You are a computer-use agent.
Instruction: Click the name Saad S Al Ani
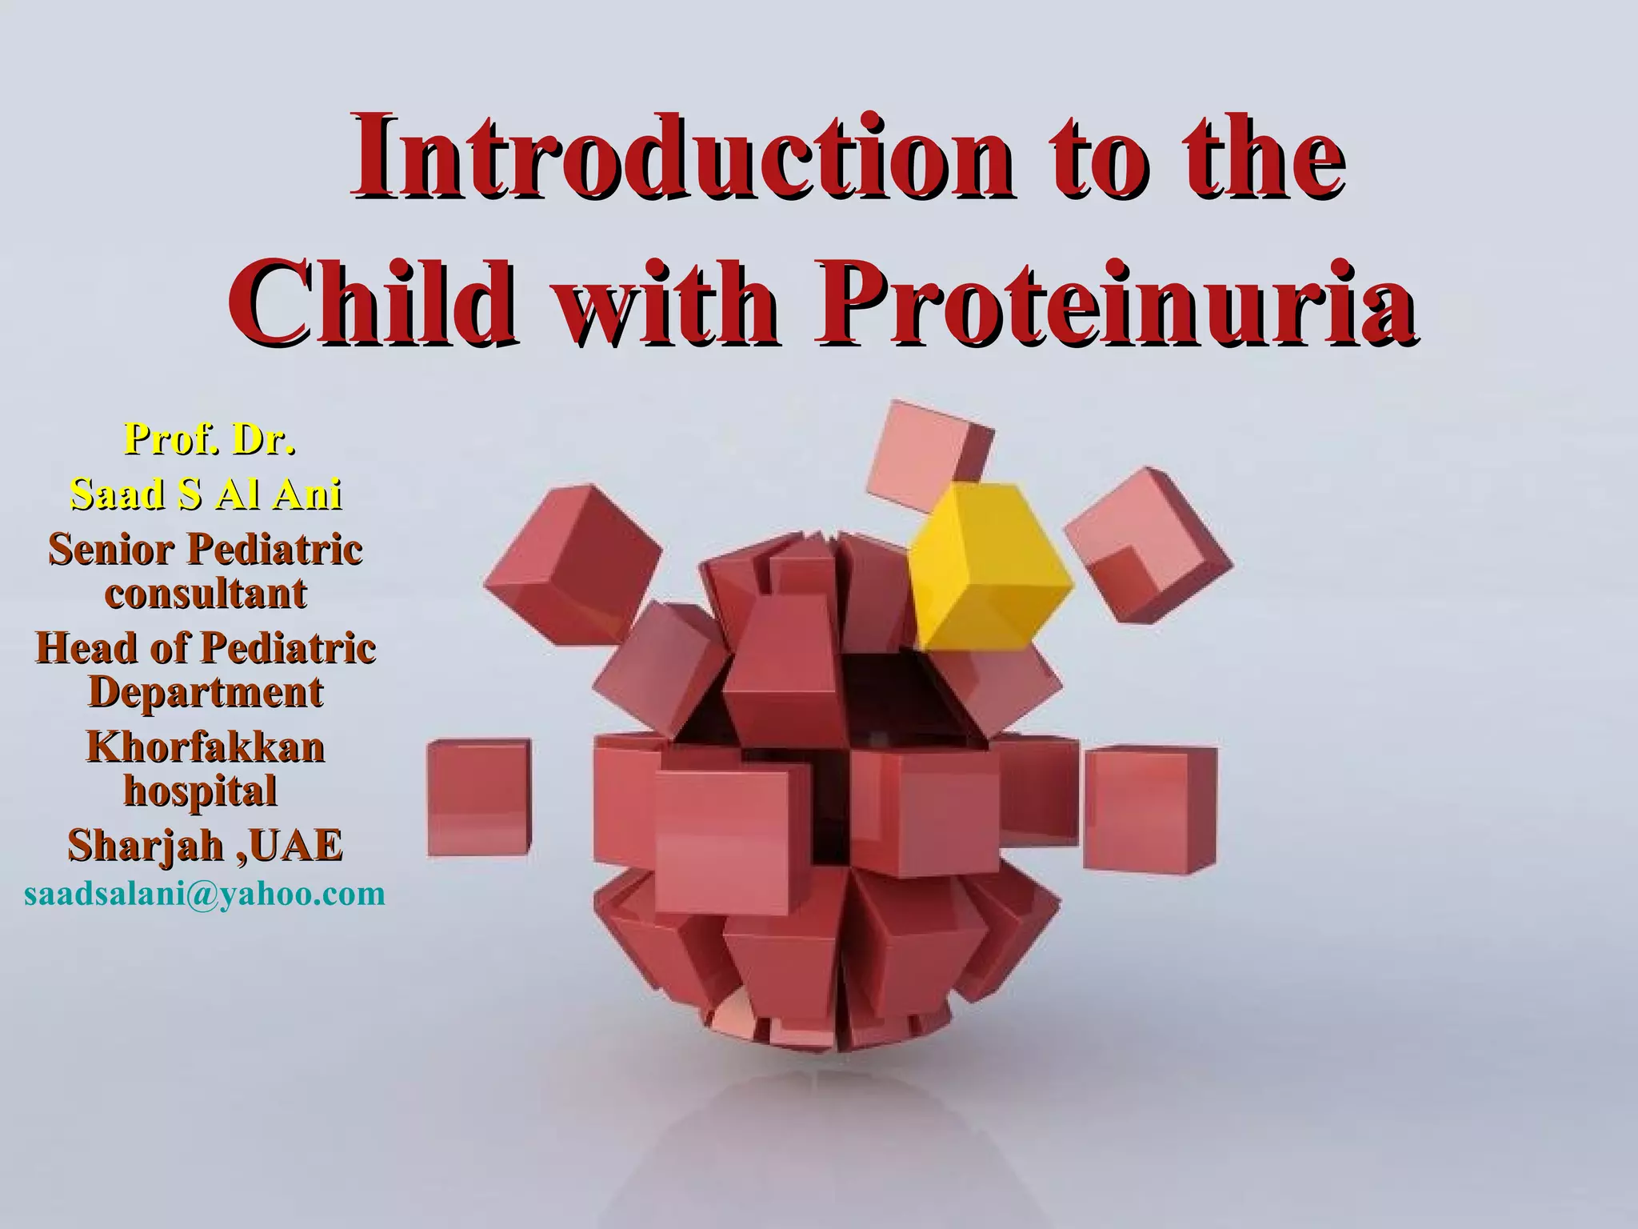pos(206,494)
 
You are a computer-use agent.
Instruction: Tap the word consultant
pos(206,593)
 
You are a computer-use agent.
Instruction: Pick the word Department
pos(206,691)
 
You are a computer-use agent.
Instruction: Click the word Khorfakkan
pos(206,747)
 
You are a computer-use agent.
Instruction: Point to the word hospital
pos(200,791)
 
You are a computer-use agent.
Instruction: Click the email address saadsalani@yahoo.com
pos(206,893)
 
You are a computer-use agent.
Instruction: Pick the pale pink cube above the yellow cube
pos(928,453)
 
